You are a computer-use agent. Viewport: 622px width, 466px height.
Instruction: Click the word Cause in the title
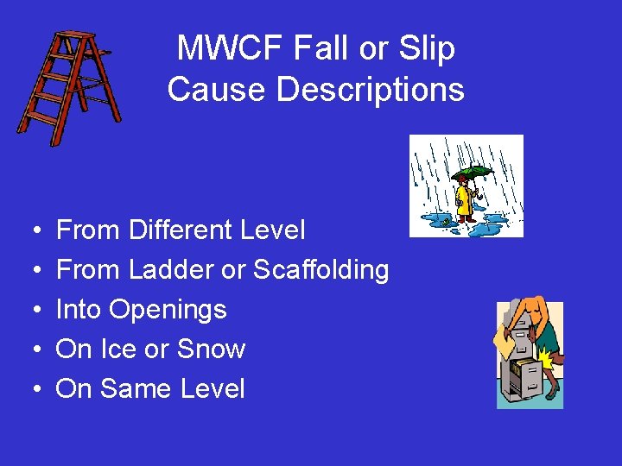pos(206,89)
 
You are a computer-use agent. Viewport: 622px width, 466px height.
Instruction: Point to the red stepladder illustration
pos(69,86)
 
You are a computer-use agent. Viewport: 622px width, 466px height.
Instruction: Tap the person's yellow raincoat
pos(464,200)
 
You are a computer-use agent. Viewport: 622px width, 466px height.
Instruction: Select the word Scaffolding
pos(321,270)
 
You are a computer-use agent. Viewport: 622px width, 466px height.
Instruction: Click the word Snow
pos(211,349)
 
